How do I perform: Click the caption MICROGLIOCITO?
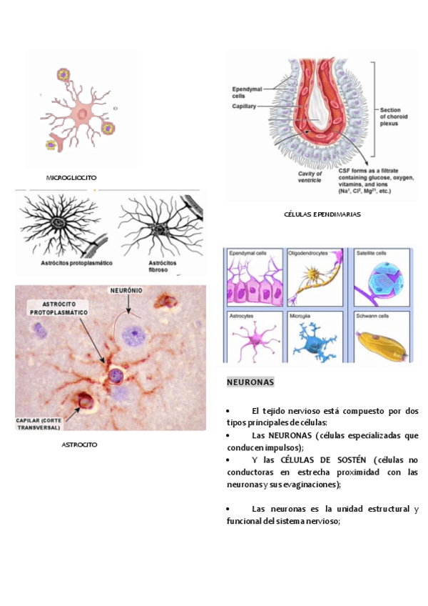[x=71, y=177]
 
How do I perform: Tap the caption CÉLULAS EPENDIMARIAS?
[x=322, y=214]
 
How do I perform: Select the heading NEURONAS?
[x=250, y=382]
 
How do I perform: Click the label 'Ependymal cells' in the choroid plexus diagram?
[x=248, y=92]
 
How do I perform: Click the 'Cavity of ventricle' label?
[x=310, y=177]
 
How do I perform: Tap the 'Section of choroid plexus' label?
[x=394, y=116]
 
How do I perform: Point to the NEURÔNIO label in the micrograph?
[x=128, y=291]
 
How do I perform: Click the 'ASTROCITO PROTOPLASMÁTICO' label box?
[x=59, y=308]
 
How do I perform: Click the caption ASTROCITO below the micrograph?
[x=79, y=444]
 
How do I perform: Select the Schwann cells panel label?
[x=372, y=314]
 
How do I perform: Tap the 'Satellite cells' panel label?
[x=372, y=253]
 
